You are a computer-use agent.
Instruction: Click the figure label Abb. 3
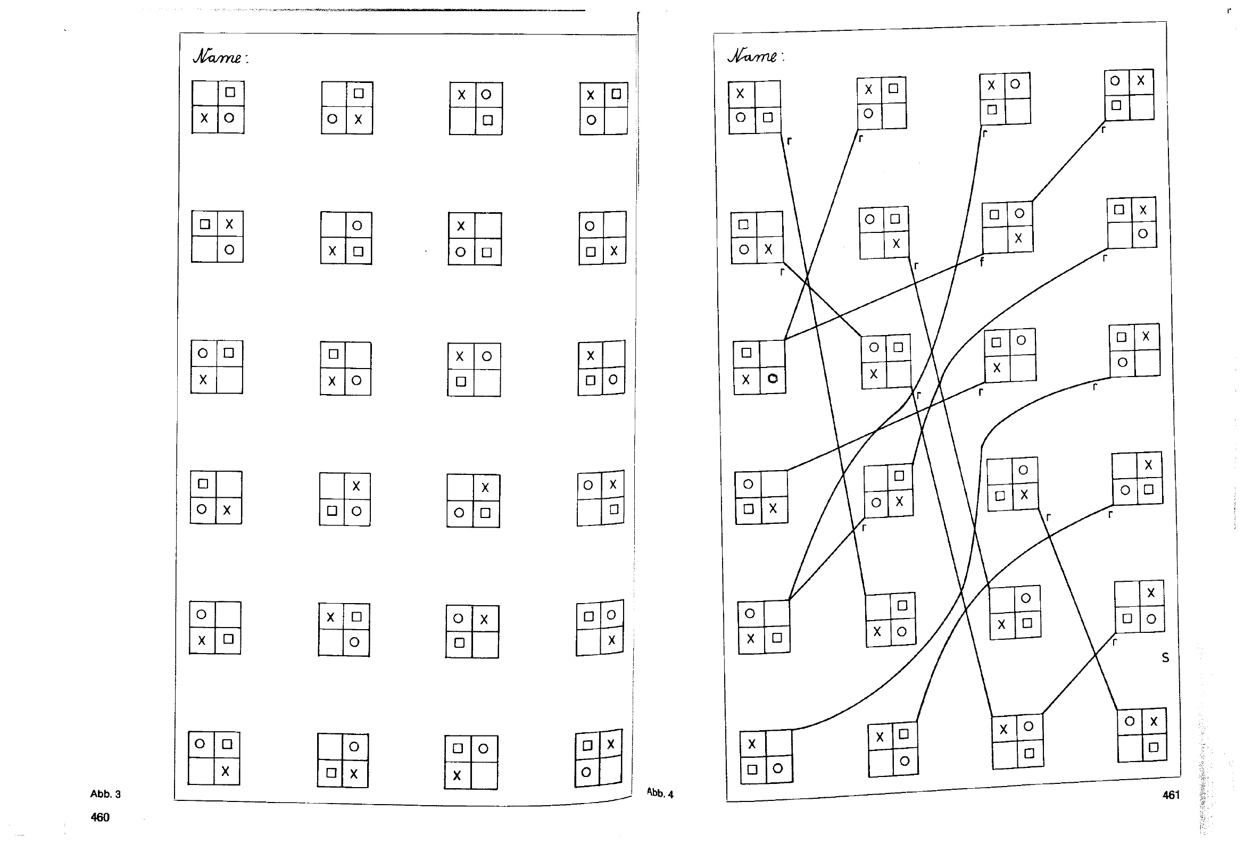[x=105, y=794]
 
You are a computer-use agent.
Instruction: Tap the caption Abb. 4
[x=660, y=793]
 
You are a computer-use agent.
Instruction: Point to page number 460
[x=100, y=817]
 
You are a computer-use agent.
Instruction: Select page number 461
[x=1171, y=795]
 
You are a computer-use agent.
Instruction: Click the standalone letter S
[x=1165, y=658]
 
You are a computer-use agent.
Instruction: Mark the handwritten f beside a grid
[x=982, y=262]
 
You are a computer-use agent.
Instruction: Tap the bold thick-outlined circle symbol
[x=773, y=379]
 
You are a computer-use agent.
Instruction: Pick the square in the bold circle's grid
[x=746, y=352]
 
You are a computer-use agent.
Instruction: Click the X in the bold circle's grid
[x=746, y=379]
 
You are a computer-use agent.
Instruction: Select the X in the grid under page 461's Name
[x=740, y=94]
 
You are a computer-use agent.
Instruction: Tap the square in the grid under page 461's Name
[x=768, y=117]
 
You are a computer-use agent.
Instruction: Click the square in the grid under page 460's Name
[x=230, y=92]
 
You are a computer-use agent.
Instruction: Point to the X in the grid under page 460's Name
[x=204, y=118]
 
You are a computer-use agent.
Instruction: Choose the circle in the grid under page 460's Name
[x=229, y=117]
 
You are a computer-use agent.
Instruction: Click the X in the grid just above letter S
[x=1151, y=592]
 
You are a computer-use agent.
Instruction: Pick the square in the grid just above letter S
[x=1127, y=618]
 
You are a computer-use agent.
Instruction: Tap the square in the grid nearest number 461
[x=1154, y=747]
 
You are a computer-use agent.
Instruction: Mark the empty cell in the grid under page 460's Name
[x=205, y=94]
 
